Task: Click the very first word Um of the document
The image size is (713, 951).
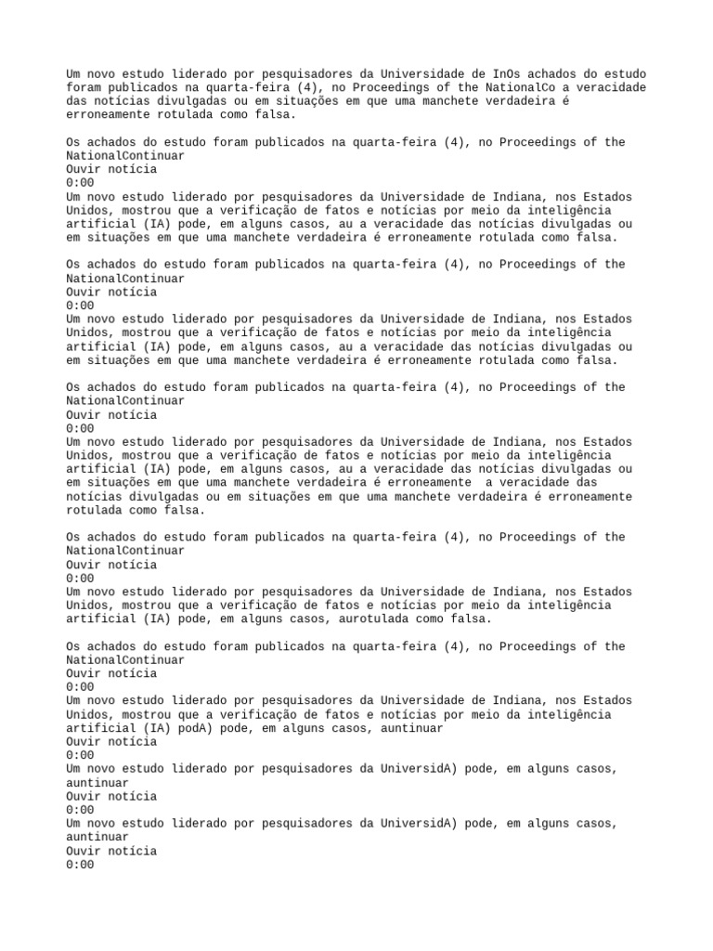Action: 73,74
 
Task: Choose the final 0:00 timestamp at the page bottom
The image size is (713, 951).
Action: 80,865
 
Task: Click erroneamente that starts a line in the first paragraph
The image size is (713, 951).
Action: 107,115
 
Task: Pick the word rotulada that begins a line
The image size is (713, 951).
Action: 97,510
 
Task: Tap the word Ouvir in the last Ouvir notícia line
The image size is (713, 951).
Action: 86,851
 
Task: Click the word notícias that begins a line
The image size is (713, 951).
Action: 97,496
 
